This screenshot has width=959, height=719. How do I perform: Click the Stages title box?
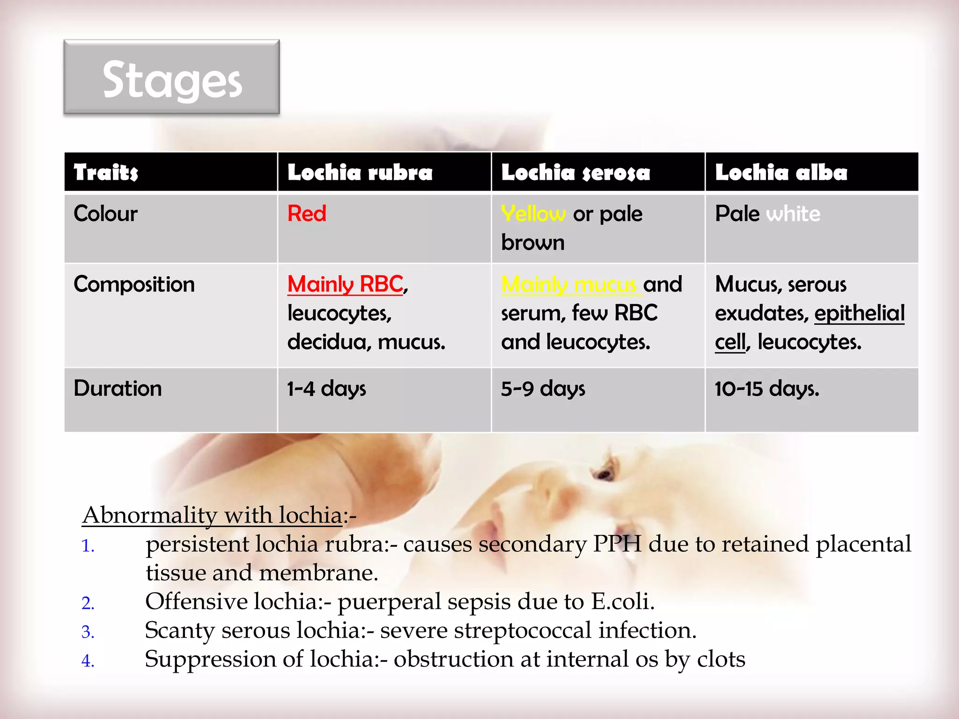pos(172,77)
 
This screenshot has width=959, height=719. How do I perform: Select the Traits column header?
pos(106,172)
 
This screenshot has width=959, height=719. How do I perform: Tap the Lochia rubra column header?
pos(360,172)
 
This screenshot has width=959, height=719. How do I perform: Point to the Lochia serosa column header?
pos(575,172)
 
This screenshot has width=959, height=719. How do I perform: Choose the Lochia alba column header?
pos(781,172)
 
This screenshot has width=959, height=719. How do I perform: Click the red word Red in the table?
pos(307,214)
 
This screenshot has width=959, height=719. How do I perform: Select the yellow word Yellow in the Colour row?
pos(533,214)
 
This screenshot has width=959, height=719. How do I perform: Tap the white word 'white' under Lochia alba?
pos(793,214)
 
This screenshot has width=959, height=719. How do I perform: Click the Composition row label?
pos(134,285)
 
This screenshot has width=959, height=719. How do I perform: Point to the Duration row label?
pos(118,389)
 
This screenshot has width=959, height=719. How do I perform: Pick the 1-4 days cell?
pos(326,389)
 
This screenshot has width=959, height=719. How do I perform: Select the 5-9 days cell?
pos(543,389)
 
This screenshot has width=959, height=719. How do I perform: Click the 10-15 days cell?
pos(767,389)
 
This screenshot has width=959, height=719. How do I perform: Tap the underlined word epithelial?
pos(859,313)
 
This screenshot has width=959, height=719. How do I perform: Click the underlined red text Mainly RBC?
pos(346,284)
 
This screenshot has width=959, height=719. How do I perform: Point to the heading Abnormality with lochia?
pos(213,515)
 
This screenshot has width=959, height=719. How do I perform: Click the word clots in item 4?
pos(721,659)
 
